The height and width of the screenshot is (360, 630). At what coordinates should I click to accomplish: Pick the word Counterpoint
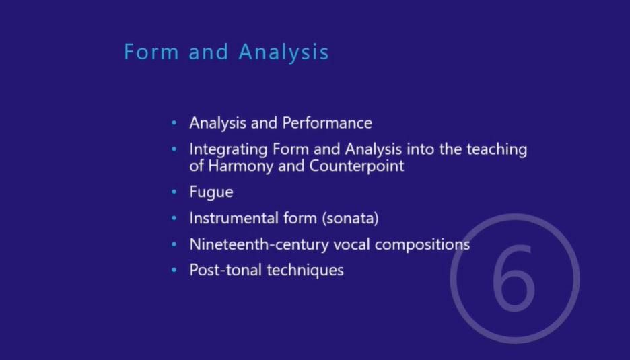tap(357, 166)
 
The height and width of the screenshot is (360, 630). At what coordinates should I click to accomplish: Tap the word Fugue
tap(211, 192)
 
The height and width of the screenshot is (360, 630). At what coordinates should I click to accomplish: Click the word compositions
tap(422, 244)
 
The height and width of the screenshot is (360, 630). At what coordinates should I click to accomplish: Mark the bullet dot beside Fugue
tap(174, 192)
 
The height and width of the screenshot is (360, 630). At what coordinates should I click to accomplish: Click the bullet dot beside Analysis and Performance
tap(174, 124)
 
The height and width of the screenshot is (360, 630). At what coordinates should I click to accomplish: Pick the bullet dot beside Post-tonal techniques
tap(174, 271)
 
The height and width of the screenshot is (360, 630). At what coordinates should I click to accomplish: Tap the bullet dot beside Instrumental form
tap(174, 219)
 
